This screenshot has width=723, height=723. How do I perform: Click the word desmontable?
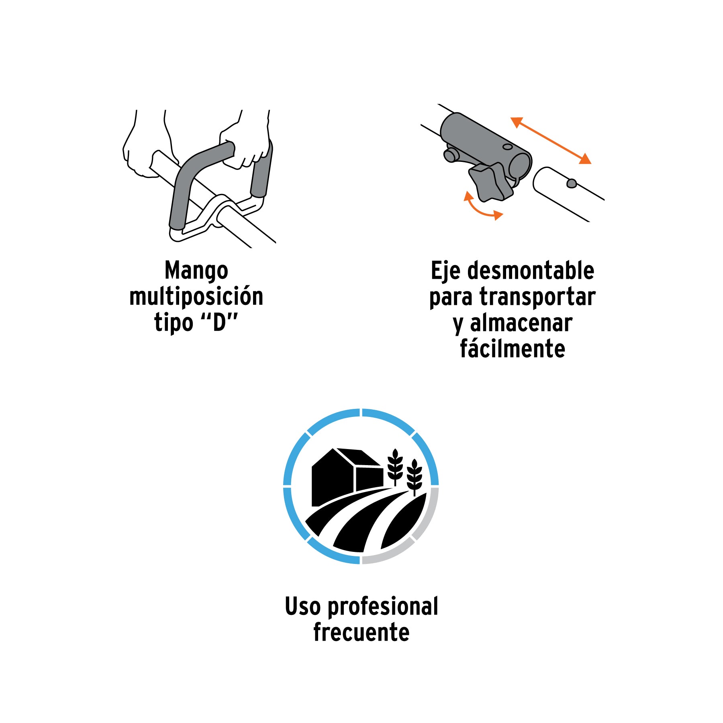(x=531, y=270)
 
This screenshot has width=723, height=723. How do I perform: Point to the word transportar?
(x=537, y=297)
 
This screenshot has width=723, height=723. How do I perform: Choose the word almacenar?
(x=521, y=323)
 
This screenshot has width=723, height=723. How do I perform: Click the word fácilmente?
(x=513, y=348)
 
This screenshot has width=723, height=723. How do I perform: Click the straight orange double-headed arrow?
(x=551, y=140)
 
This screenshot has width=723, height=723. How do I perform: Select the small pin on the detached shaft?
(x=571, y=184)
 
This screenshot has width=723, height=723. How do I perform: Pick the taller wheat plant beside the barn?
(x=395, y=467)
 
